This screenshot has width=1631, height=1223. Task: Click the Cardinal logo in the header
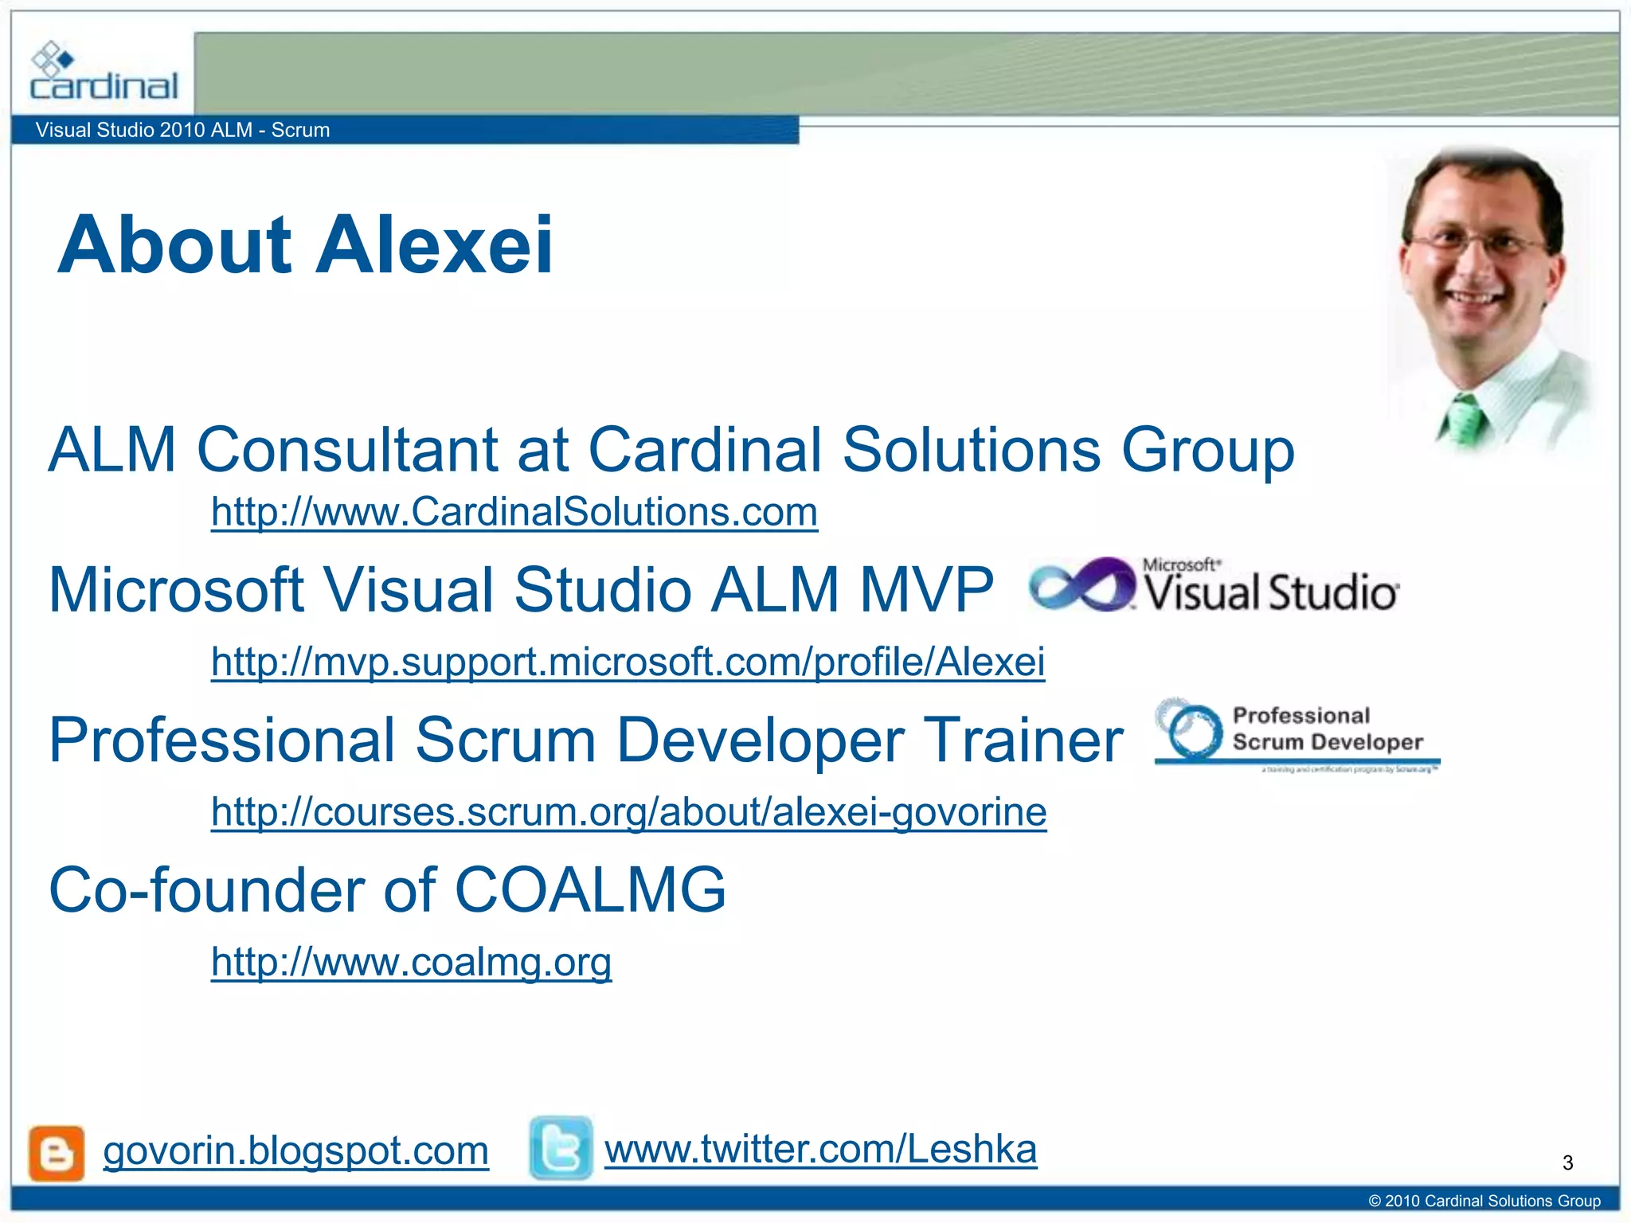click(x=104, y=73)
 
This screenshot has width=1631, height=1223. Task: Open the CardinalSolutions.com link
click(x=514, y=512)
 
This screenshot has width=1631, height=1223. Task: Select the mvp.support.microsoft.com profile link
click(x=628, y=662)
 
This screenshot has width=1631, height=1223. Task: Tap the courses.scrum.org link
click(x=628, y=812)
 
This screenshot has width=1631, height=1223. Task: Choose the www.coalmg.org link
click(x=411, y=962)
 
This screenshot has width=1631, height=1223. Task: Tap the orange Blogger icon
click(x=57, y=1153)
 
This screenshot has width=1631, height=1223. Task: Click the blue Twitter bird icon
click(x=561, y=1148)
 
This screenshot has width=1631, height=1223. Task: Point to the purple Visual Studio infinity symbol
click(x=1081, y=585)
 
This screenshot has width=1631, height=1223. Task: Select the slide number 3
click(x=1567, y=1163)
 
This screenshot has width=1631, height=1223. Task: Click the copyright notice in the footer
click(x=1484, y=1201)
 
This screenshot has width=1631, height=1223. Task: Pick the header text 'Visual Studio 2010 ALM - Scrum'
click(x=182, y=130)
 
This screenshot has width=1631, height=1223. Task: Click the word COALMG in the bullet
click(x=589, y=890)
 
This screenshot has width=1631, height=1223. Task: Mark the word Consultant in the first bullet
click(x=347, y=450)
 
